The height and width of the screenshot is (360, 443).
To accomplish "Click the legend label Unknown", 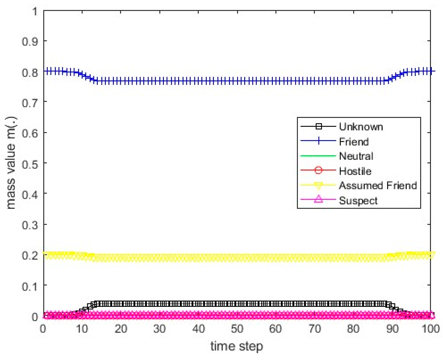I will click(x=361, y=127).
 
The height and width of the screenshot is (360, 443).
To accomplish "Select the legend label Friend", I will click(x=354, y=142).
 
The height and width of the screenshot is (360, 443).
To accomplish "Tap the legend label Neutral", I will click(x=356, y=156).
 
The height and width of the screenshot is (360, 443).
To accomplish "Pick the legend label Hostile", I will click(x=355, y=171).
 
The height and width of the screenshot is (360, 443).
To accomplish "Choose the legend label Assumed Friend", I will click(x=378, y=186).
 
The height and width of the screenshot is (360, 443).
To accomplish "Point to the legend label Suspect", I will click(x=358, y=201).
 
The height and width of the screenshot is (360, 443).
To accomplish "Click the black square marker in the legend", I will click(x=318, y=126).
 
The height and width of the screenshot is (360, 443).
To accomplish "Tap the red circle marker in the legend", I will click(x=318, y=170).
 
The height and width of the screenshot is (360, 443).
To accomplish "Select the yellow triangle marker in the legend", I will click(x=318, y=186).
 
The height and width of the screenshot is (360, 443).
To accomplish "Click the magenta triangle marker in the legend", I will click(x=318, y=199).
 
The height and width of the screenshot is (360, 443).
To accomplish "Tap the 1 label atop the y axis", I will click(x=35, y=12).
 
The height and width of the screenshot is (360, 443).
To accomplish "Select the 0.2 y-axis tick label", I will click(x=30, y=255).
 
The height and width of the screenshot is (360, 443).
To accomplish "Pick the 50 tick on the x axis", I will click(x=237, y=329).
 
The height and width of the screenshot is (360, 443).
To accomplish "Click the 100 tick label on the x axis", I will click(x=430, y=329).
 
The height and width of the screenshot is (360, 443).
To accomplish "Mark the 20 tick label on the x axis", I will click(x=121, y=329).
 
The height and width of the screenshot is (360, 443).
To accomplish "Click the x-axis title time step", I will click(x=237, y=346).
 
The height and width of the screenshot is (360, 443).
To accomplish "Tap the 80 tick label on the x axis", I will click(x=353, y=329).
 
